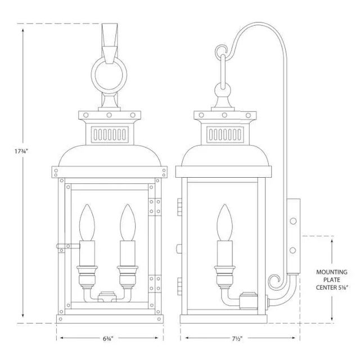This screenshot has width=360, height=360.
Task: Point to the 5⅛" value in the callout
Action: [x=345, y=287]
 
